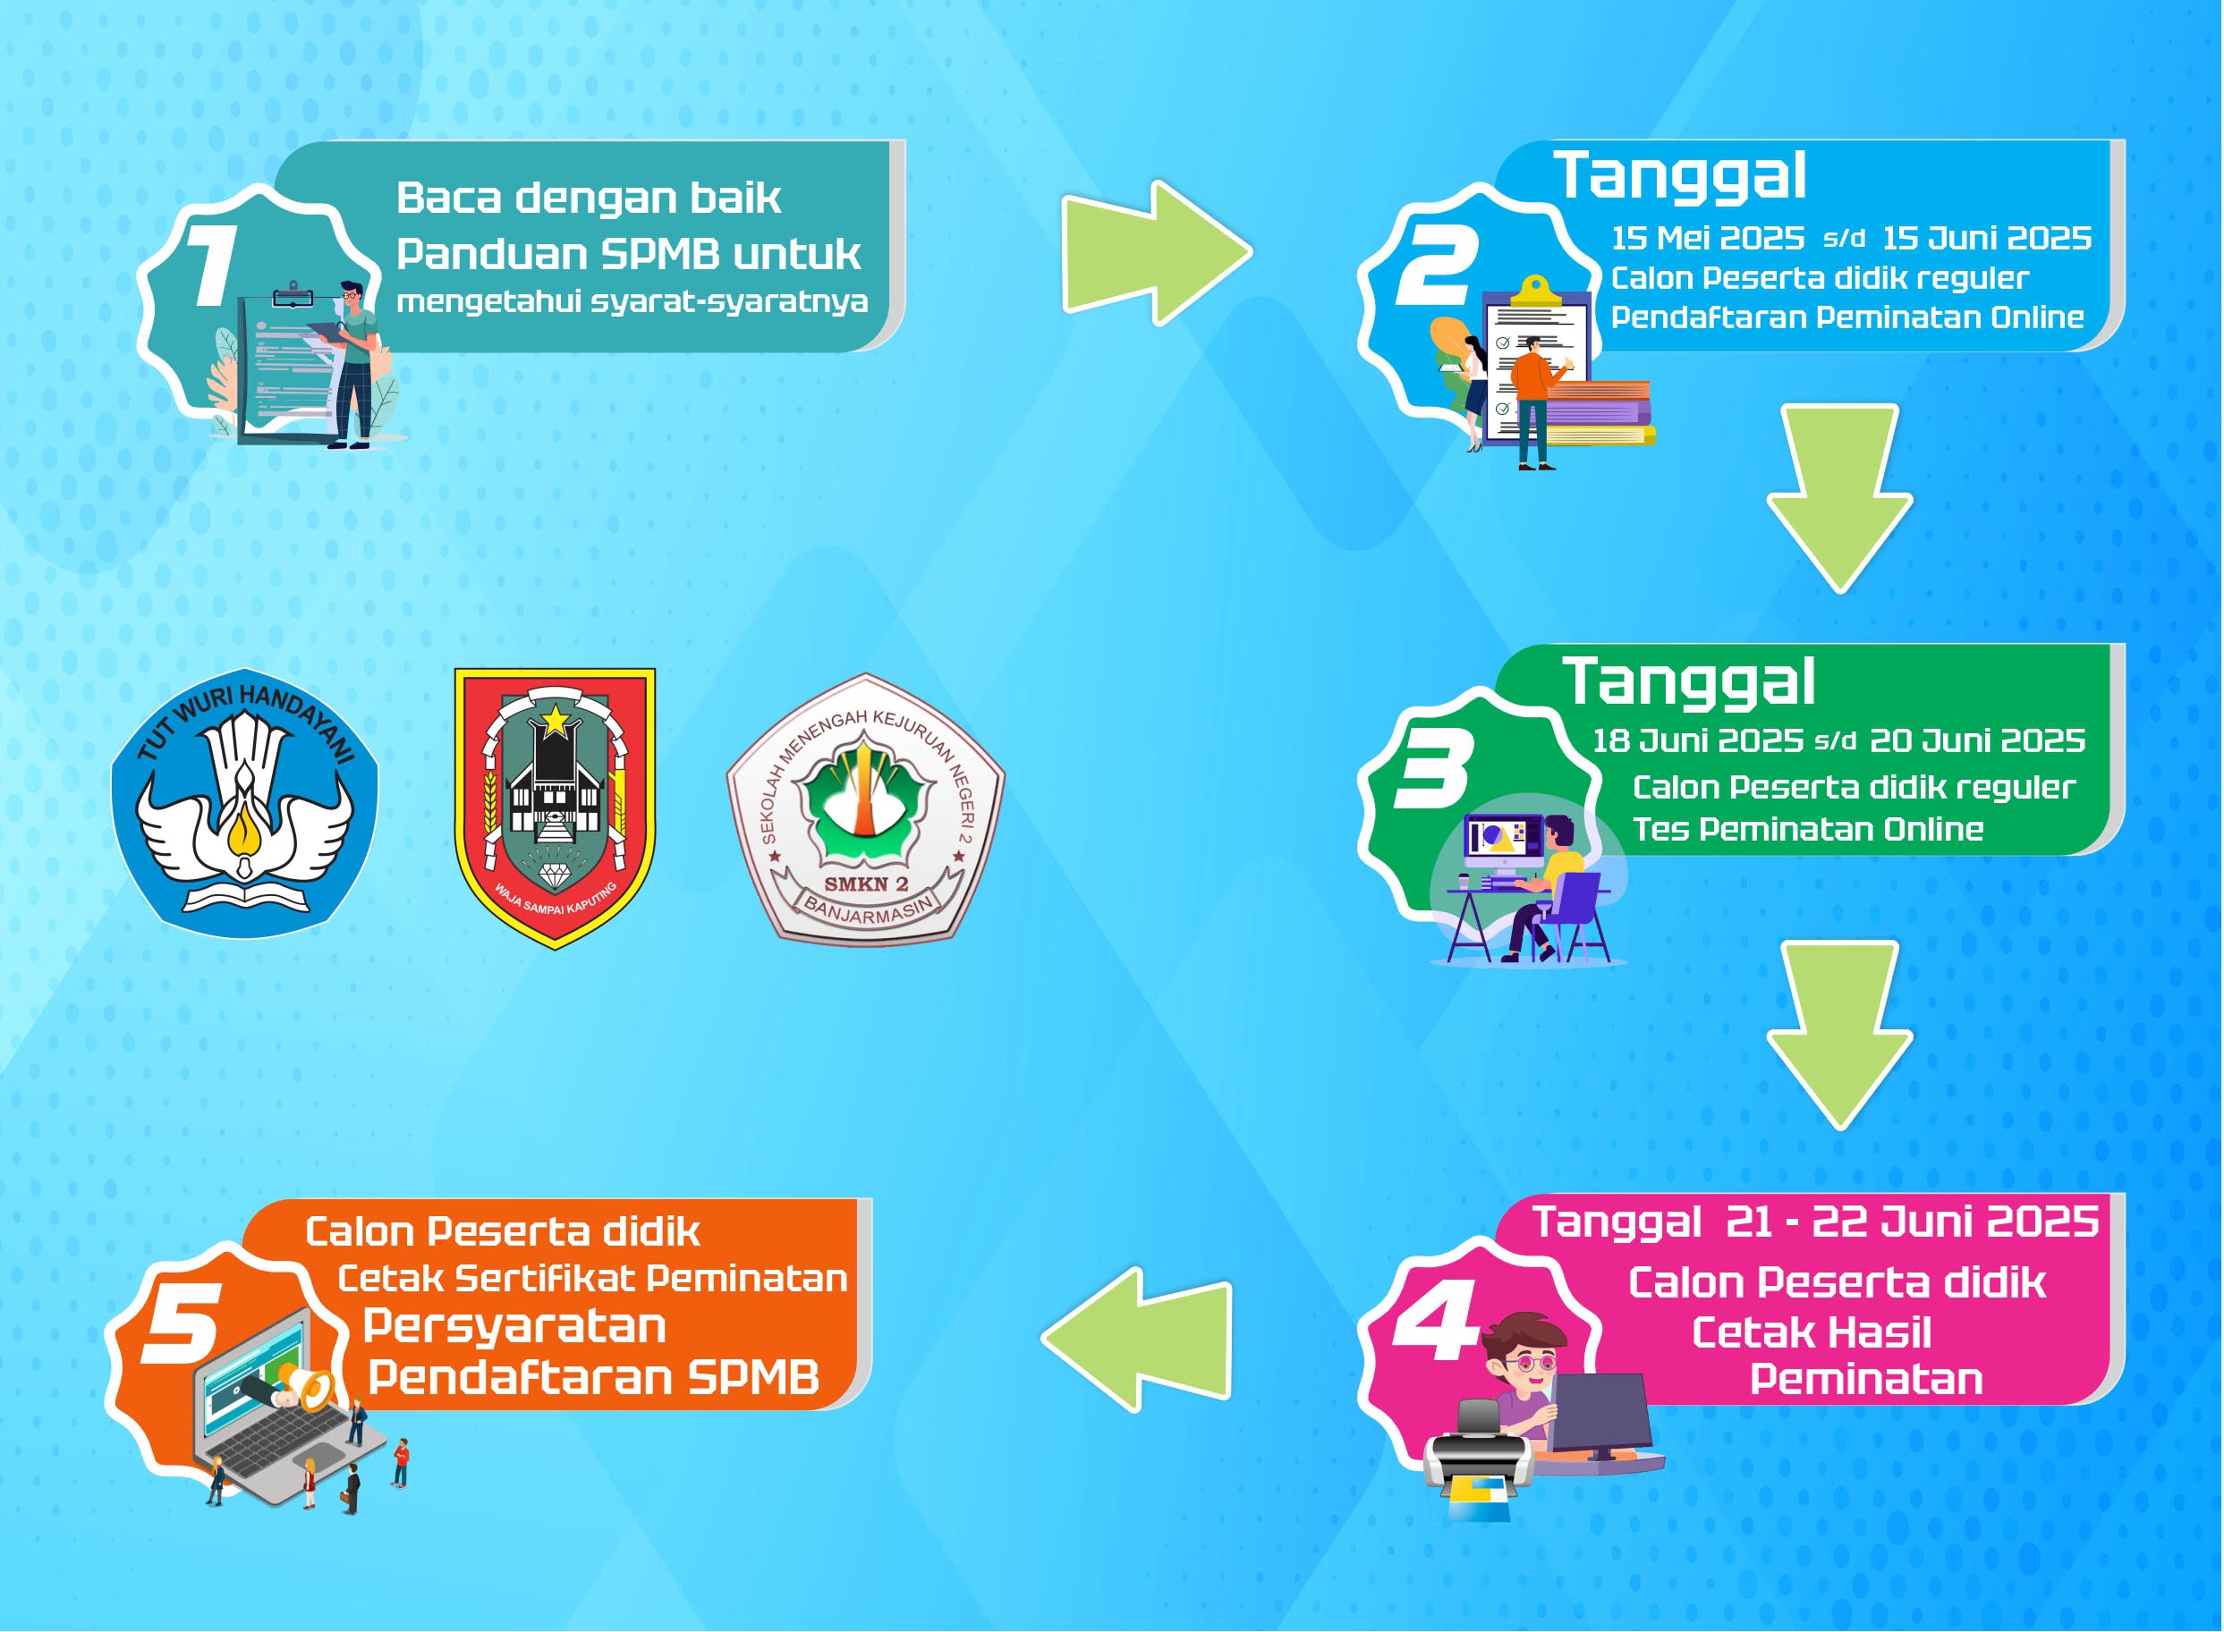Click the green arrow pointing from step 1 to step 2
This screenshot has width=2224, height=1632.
pos(1156,253)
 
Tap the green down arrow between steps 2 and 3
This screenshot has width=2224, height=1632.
pos(1838,498)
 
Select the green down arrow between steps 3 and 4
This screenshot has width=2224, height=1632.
pos(1838,1036)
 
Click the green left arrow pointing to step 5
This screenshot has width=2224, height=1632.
pos(1136,1340)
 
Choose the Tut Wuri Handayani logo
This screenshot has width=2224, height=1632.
pos(244,803)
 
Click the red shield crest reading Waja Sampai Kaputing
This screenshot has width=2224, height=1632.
pos(555,808)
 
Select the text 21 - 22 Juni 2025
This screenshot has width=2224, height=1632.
pos(1912,1222)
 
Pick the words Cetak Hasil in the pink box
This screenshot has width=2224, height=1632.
pos(1811,1332)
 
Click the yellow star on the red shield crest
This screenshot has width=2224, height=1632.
pos(556,719)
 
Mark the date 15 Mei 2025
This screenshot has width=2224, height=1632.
pos(1707,238)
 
